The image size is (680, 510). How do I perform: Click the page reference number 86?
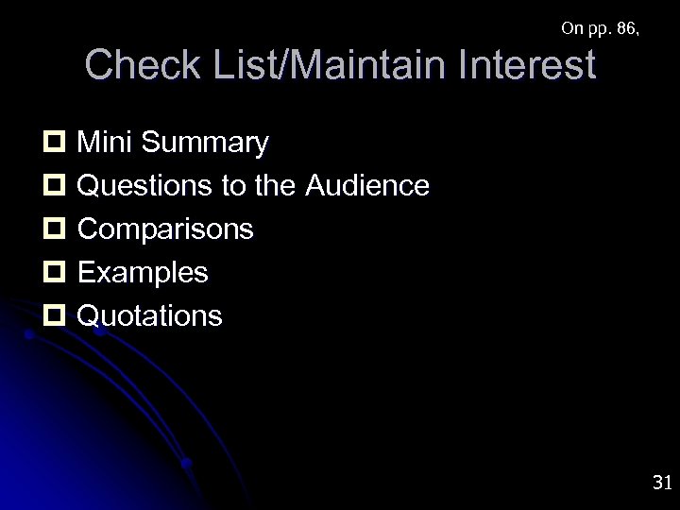click(x=623, y=28)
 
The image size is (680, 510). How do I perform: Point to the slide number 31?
click(x=661, y=483)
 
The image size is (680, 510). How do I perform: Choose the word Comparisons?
click(x=165, y=229)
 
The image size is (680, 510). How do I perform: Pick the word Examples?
click(x=143, y=273)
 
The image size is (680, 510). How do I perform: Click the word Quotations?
click(x=150, y=315)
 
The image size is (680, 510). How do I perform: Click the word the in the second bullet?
click(x=277, y=186)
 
